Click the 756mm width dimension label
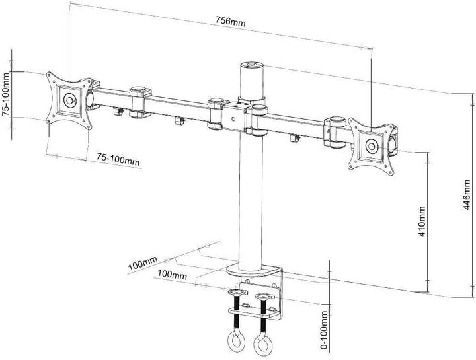228,22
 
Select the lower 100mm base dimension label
172,273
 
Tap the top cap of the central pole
251,66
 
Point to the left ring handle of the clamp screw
234,341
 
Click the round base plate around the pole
255,270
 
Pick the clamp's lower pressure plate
251,308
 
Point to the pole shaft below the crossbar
252,198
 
